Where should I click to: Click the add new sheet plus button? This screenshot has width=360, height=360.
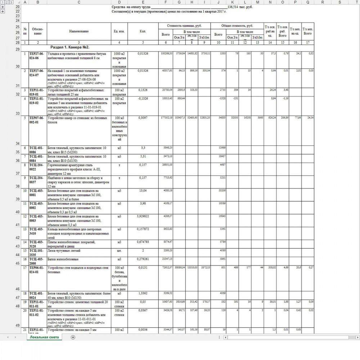tap(73, 337)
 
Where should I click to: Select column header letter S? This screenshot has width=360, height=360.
tap(339, 2)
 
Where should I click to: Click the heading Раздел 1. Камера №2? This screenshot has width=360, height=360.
tap(70, 47)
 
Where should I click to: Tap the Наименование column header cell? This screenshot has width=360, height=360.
tap(79, 31)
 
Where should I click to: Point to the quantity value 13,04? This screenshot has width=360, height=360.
tap(142, 191)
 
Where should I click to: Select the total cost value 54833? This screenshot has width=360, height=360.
tap(218, 118)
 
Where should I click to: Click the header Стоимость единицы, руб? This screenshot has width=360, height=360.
tap(184, 26)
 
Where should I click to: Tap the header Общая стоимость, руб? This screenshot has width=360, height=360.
tap(237, 26)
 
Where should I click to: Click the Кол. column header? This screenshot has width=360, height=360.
tap(142, 31)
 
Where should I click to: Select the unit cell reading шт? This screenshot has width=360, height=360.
tap(119, 251)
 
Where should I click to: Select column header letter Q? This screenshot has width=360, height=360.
tap(308, 2)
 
